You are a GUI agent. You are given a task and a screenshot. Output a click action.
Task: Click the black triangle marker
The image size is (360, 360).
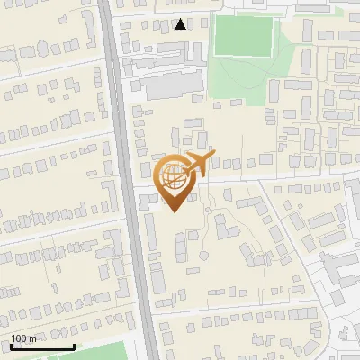coord(181,24)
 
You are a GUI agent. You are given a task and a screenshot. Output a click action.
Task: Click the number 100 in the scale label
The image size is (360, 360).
coord(18,338)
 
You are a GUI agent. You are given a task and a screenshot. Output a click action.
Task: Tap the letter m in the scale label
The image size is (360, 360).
coord(32,338)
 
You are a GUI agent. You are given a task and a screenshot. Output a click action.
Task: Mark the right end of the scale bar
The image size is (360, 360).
coord(75,346)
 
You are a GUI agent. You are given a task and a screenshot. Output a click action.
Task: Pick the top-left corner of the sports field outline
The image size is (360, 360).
coord(214,16)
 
